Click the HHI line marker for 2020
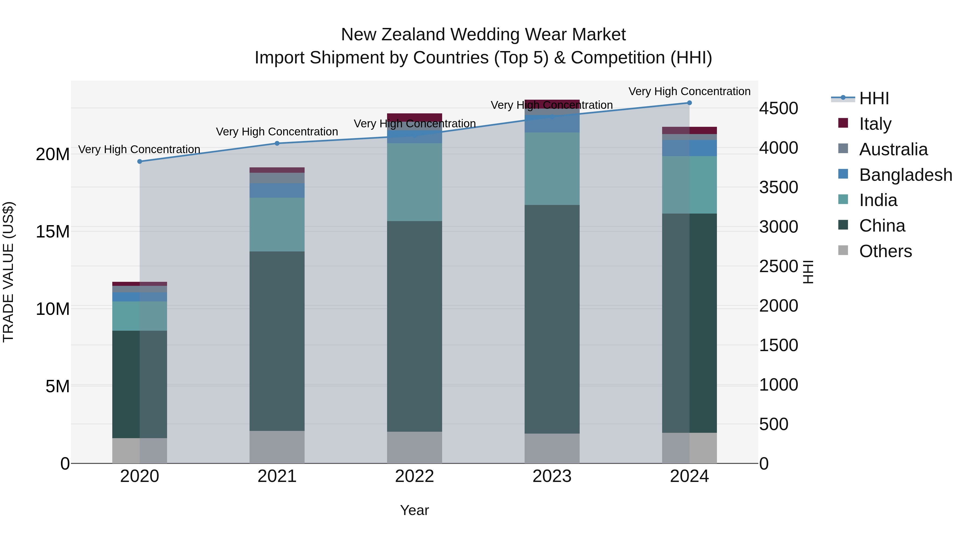[140, 161]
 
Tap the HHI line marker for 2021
[277, 143]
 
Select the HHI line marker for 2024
[689, 103]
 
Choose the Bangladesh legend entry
[905, 175]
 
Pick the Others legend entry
[885, 251]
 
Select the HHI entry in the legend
[874, 98]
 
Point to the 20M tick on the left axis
[53, 154]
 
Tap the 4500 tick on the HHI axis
[778, 109]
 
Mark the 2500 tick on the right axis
[778, 266]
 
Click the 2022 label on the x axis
[414, 476]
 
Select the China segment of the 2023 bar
[552, 319]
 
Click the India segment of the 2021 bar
[277, 225]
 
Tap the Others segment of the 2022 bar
[414, 448]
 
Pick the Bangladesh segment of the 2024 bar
[689, 148]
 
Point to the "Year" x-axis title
[414, 510]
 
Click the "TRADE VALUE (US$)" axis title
[8, 272]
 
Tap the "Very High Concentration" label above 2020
[139, 149]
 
